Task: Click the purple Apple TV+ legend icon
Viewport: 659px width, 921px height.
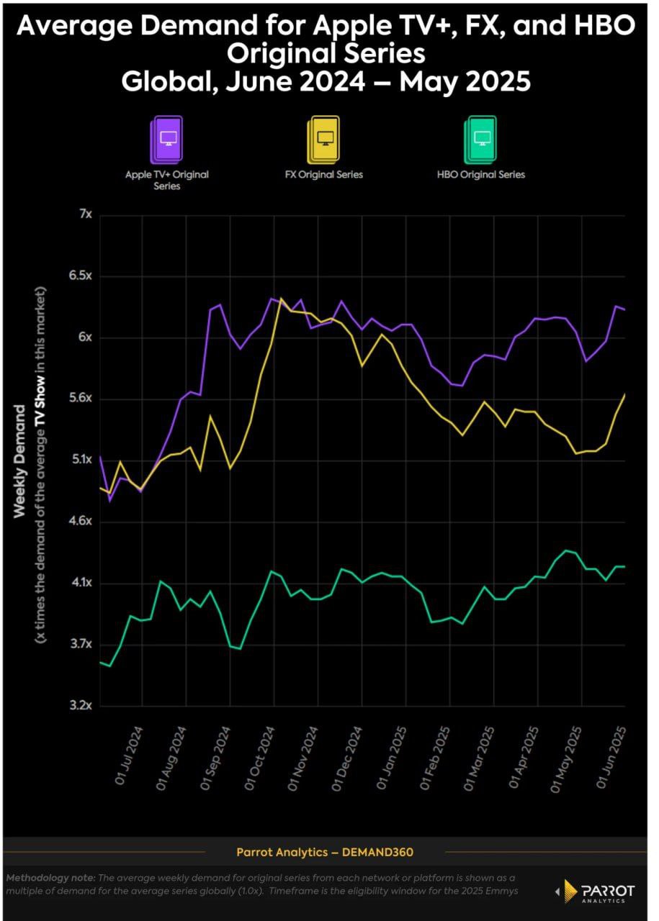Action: pos(166,140)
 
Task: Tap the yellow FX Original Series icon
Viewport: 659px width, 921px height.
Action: pos(323,140)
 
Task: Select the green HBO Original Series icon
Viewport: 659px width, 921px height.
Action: pos(480,140)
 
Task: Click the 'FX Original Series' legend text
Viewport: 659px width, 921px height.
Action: pos(323,175)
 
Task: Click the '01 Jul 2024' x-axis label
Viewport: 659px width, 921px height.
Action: pos(130,759)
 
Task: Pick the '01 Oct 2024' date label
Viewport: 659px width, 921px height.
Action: pos(261,759)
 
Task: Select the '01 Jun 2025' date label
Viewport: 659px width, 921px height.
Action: pos(611,759)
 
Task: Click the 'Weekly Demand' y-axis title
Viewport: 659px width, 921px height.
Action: pos(20,460)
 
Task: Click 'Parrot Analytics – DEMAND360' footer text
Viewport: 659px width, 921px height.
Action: pos(325,853)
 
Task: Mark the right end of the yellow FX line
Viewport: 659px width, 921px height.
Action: pos(624,394)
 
